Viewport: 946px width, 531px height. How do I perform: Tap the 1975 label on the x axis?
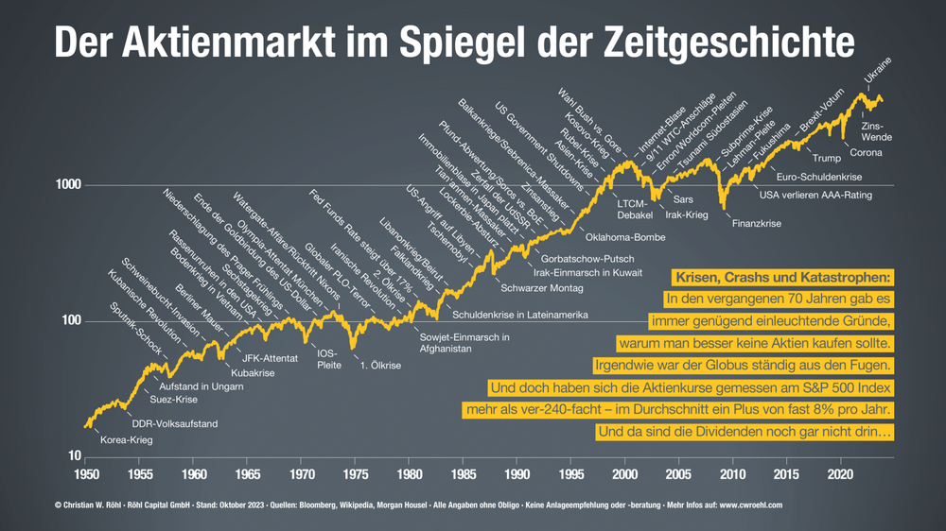(x=356, y=473)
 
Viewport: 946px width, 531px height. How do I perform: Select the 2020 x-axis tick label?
(x=841, y=473)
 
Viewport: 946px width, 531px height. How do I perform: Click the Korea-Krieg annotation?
(x=126, y=439)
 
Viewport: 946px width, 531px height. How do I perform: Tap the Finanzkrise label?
(x=757, y=224)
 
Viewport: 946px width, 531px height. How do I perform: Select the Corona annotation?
(x=867, y=152)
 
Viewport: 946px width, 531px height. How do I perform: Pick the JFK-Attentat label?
(x=271, y=358)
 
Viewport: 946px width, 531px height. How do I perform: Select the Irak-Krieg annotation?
(x=687, y=215)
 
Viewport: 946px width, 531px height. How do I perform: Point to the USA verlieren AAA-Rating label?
(x=815, y=196)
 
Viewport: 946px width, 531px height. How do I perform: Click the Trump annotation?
(x=827, y=158)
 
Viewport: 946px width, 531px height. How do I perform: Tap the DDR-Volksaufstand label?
(x=174, y=424)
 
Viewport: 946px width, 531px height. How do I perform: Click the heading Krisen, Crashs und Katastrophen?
(x=782, y=278)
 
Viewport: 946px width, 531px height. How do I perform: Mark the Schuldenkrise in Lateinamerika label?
(x=521, y=314)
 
